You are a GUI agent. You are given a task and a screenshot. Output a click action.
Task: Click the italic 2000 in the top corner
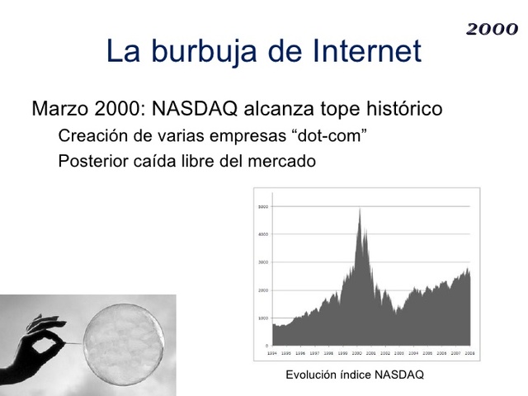[x=492, y=30]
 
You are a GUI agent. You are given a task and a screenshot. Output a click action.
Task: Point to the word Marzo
[x=59, y=109]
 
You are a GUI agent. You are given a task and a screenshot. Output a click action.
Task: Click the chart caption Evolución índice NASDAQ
[x=354, y=375]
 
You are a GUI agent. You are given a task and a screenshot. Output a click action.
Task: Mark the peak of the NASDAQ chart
[x=360, y=210]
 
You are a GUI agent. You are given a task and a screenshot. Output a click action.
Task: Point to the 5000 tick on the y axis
[x=263, y=206]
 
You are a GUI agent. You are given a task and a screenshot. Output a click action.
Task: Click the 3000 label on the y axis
[x=263, y=262]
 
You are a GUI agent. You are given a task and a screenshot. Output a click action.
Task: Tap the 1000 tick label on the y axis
[x=263, y=318]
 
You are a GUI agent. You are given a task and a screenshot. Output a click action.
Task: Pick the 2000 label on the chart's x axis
[x=356, y=352]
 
